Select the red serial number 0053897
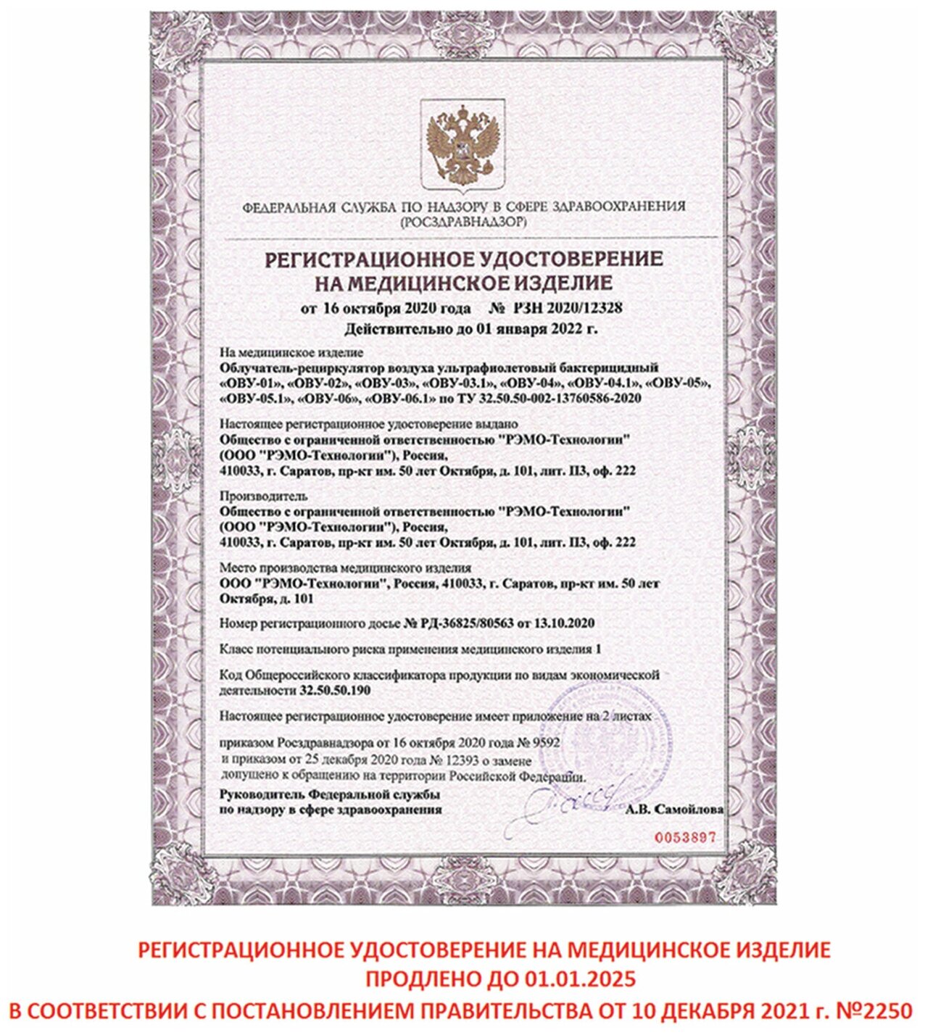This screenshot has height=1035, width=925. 685,837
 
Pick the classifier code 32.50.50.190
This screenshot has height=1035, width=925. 335,691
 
